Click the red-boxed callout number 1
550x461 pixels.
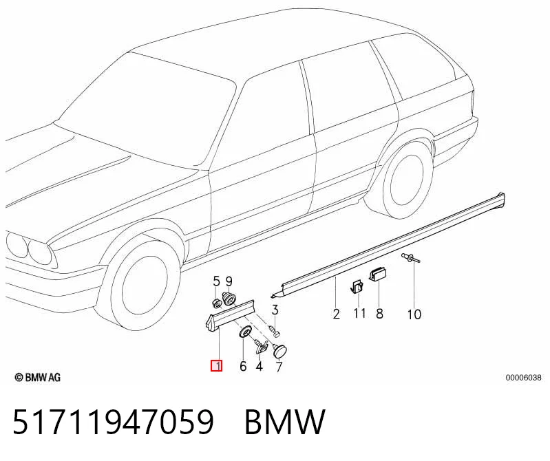(216, 365)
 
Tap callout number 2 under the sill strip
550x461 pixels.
(336, 314)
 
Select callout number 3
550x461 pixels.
(275, 310)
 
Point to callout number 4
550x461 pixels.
(260, 366)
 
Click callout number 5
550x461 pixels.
(216, 281)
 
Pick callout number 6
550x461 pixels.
(243, 366)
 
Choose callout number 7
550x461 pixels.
(279, 367)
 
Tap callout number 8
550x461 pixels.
(379, 313)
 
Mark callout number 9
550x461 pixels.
(229, 281)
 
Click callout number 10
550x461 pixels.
(414, 314)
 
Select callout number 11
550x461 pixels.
(359, 313)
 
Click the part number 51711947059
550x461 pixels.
(113, 422)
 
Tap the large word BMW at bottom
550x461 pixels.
(285, 422)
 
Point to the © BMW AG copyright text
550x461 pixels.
(38, 377)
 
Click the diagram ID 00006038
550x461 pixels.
(523, 378)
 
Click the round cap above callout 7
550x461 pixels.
(280, 351)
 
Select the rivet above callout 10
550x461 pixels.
(410, 258)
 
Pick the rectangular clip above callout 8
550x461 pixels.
(378, 274)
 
